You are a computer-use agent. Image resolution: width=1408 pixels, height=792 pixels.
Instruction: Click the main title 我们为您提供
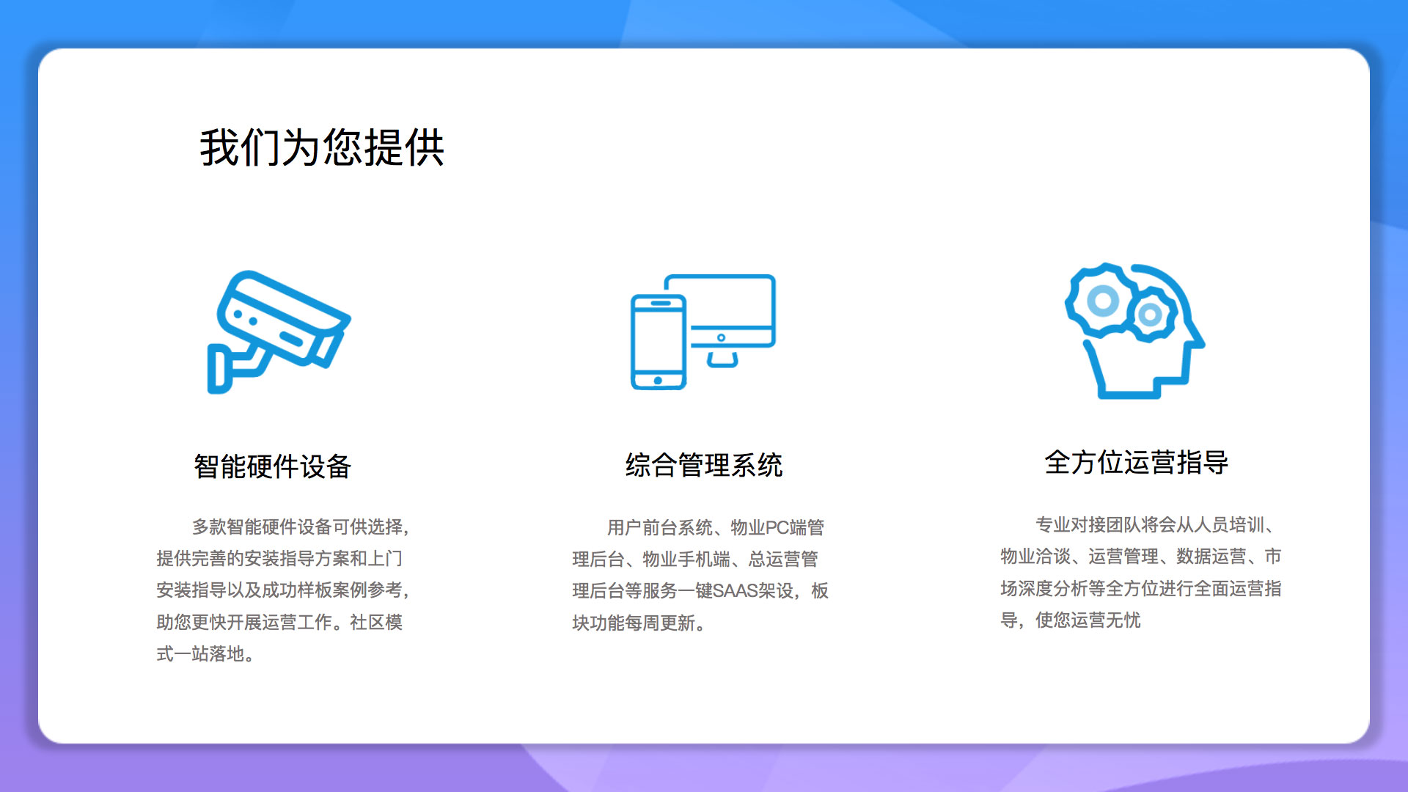(322, 147)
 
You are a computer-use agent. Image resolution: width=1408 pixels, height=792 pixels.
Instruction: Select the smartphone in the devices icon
(658, 342)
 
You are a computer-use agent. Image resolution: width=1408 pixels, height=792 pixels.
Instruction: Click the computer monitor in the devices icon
(730, 312)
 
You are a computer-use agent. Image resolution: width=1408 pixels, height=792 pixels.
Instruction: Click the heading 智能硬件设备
(273, 466)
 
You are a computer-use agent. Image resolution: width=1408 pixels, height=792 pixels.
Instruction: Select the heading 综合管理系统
(704, 465)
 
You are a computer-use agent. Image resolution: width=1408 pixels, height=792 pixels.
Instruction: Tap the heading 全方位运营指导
(1136, 462)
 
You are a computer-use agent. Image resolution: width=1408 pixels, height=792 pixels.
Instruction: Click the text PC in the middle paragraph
(777, 527)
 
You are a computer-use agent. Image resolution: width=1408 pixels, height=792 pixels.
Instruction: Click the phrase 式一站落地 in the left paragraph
(200, 653)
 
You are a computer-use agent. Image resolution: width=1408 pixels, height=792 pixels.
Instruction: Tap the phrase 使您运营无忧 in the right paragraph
(1088, 620)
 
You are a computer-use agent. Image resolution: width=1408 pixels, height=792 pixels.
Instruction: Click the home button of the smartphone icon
(658, 381)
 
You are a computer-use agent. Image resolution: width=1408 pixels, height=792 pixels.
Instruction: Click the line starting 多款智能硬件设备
(301, 527)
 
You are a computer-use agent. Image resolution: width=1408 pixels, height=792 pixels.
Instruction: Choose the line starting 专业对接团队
(1158, 524)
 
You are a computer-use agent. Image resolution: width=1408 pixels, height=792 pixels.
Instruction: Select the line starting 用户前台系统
(716, 527)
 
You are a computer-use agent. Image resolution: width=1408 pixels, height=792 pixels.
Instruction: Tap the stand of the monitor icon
(722, 359)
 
